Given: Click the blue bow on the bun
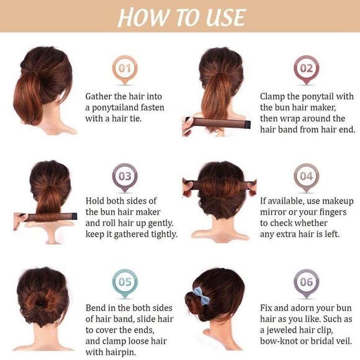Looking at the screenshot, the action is coord(201,296).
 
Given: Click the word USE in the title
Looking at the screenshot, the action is coord(225,17).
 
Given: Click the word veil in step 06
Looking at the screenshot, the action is coord(344,341).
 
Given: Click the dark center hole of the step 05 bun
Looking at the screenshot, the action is coord(42,304).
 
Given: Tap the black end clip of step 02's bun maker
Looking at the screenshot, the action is coord(248,125).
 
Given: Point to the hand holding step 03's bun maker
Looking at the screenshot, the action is coord(20,221).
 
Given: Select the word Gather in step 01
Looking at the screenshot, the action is coord(98,97).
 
